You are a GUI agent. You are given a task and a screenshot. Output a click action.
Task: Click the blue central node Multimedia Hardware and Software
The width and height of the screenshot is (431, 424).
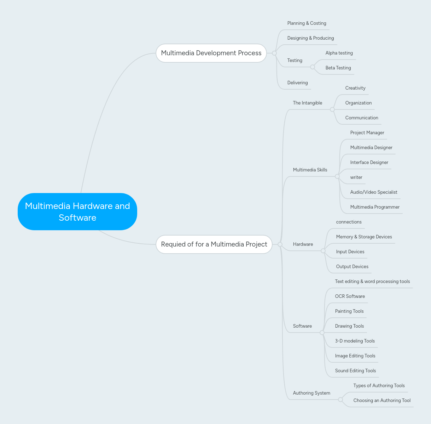click(77, 211)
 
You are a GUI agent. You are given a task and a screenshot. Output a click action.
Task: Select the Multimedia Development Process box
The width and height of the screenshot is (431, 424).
click(211, 53)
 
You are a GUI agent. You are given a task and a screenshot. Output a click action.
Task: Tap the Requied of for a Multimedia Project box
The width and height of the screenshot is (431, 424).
click(214, 244)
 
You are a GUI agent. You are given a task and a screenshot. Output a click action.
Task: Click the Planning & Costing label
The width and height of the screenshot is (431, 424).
click(307, 23)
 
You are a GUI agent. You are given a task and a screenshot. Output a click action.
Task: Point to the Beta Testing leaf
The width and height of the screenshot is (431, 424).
click(338, 68)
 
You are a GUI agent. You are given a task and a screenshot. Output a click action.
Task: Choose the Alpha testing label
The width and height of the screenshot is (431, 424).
click(339, 53)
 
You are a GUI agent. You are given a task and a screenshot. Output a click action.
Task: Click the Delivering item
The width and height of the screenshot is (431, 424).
click(297, 83)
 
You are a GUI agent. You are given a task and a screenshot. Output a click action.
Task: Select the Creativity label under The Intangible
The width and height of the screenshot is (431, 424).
click(355, 88)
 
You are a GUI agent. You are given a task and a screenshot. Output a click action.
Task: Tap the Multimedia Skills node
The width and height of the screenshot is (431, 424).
click(310, 170)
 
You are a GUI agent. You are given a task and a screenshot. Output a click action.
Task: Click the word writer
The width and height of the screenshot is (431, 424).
click(356, 177)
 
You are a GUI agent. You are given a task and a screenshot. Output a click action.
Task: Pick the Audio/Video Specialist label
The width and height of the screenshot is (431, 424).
click(374, 192)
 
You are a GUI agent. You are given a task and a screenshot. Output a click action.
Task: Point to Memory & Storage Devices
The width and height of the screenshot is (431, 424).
click(364, 237)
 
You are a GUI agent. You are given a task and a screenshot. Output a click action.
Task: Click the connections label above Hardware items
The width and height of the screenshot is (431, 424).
click(349, 222)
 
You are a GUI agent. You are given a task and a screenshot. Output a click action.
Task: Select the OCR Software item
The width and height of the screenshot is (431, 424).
click(350, 296)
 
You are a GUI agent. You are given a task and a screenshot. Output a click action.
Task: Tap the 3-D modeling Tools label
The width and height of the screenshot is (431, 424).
click(355, 341)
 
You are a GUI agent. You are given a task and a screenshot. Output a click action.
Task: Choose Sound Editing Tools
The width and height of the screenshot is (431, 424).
click(355, 371)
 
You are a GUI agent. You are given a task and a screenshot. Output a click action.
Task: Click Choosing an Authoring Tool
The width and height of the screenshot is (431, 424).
click(382, 401)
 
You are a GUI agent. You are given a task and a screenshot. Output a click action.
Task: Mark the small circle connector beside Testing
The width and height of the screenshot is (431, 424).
click(313, 67)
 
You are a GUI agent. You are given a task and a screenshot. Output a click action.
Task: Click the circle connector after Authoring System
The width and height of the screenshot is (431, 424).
click(340, 400)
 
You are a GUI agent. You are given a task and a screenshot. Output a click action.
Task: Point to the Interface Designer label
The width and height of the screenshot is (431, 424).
click(369, 163)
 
